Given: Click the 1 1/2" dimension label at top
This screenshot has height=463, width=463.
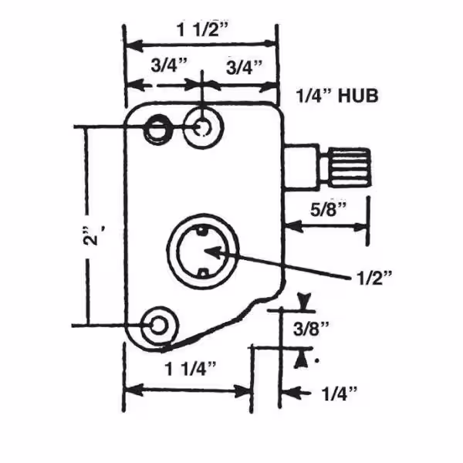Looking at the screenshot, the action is point(202,30).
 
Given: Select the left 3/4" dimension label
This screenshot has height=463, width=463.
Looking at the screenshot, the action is point(169,65).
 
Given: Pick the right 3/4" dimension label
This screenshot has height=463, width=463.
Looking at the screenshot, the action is point(244,67).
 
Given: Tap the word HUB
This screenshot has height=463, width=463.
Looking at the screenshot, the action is point(357,96).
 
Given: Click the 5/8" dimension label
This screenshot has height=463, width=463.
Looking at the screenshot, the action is point(328,210).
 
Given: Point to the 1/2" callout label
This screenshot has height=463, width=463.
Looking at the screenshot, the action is point(374,278).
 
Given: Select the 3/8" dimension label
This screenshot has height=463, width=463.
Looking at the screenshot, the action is point(311,329).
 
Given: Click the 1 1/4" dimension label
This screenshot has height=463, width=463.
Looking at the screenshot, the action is point(191,369).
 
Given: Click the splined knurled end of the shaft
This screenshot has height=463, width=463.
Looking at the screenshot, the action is point(350,167).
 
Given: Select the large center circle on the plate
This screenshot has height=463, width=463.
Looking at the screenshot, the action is point(202,251).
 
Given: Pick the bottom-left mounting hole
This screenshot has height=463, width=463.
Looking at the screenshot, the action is point(159,325).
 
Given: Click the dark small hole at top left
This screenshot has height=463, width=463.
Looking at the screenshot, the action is point(157,129).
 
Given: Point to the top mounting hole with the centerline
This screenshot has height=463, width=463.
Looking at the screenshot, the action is point(202,127).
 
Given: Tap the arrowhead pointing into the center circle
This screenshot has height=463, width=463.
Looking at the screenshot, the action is point(213,252).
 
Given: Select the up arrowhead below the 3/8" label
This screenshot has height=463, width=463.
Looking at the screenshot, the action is point(300,359).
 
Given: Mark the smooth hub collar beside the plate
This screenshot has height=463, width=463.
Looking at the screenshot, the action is point(302,166).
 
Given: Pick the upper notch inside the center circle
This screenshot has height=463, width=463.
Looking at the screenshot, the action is point(202,230).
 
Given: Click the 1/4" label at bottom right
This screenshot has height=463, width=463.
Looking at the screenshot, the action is point(339,394).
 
